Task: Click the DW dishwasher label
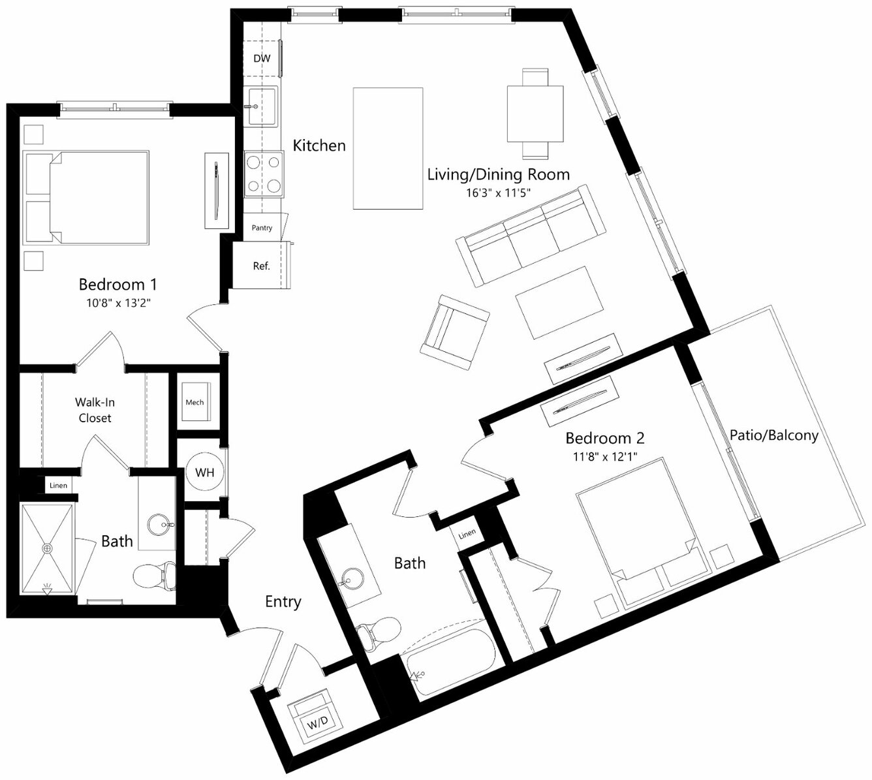(x=262, y=59)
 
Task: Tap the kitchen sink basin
(x=260, y=106)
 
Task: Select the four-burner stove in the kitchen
(x=264, y=174)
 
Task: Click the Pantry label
(x=262, y=228)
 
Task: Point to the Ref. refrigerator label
(x=261, y=266)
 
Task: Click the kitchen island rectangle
(x=388, y=149)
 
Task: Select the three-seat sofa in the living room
(x=531, y=236)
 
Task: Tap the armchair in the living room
(x=454, y=332)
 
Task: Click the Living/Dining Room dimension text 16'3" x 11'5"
(x=498, y=193)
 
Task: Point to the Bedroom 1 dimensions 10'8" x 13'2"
(x=118, y=303)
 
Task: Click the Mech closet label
(x=195, y=402)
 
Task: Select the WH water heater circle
(x=205, y=472)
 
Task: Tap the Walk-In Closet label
(x=95, y=410)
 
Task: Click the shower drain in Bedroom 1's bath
(x=48, y=548)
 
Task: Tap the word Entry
(x=283, y=601)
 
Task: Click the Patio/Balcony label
(x=774, y=435)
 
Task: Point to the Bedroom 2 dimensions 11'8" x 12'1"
(x=604, y=456)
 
